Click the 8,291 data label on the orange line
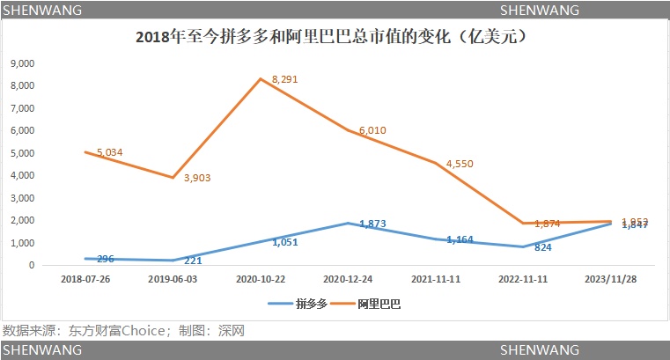(286, 79)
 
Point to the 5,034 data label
(110, 152)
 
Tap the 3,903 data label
(197, 178)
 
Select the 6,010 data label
(372, 130)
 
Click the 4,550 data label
(460, 163)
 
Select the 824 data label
(543, 248)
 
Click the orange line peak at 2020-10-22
(261, 78)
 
